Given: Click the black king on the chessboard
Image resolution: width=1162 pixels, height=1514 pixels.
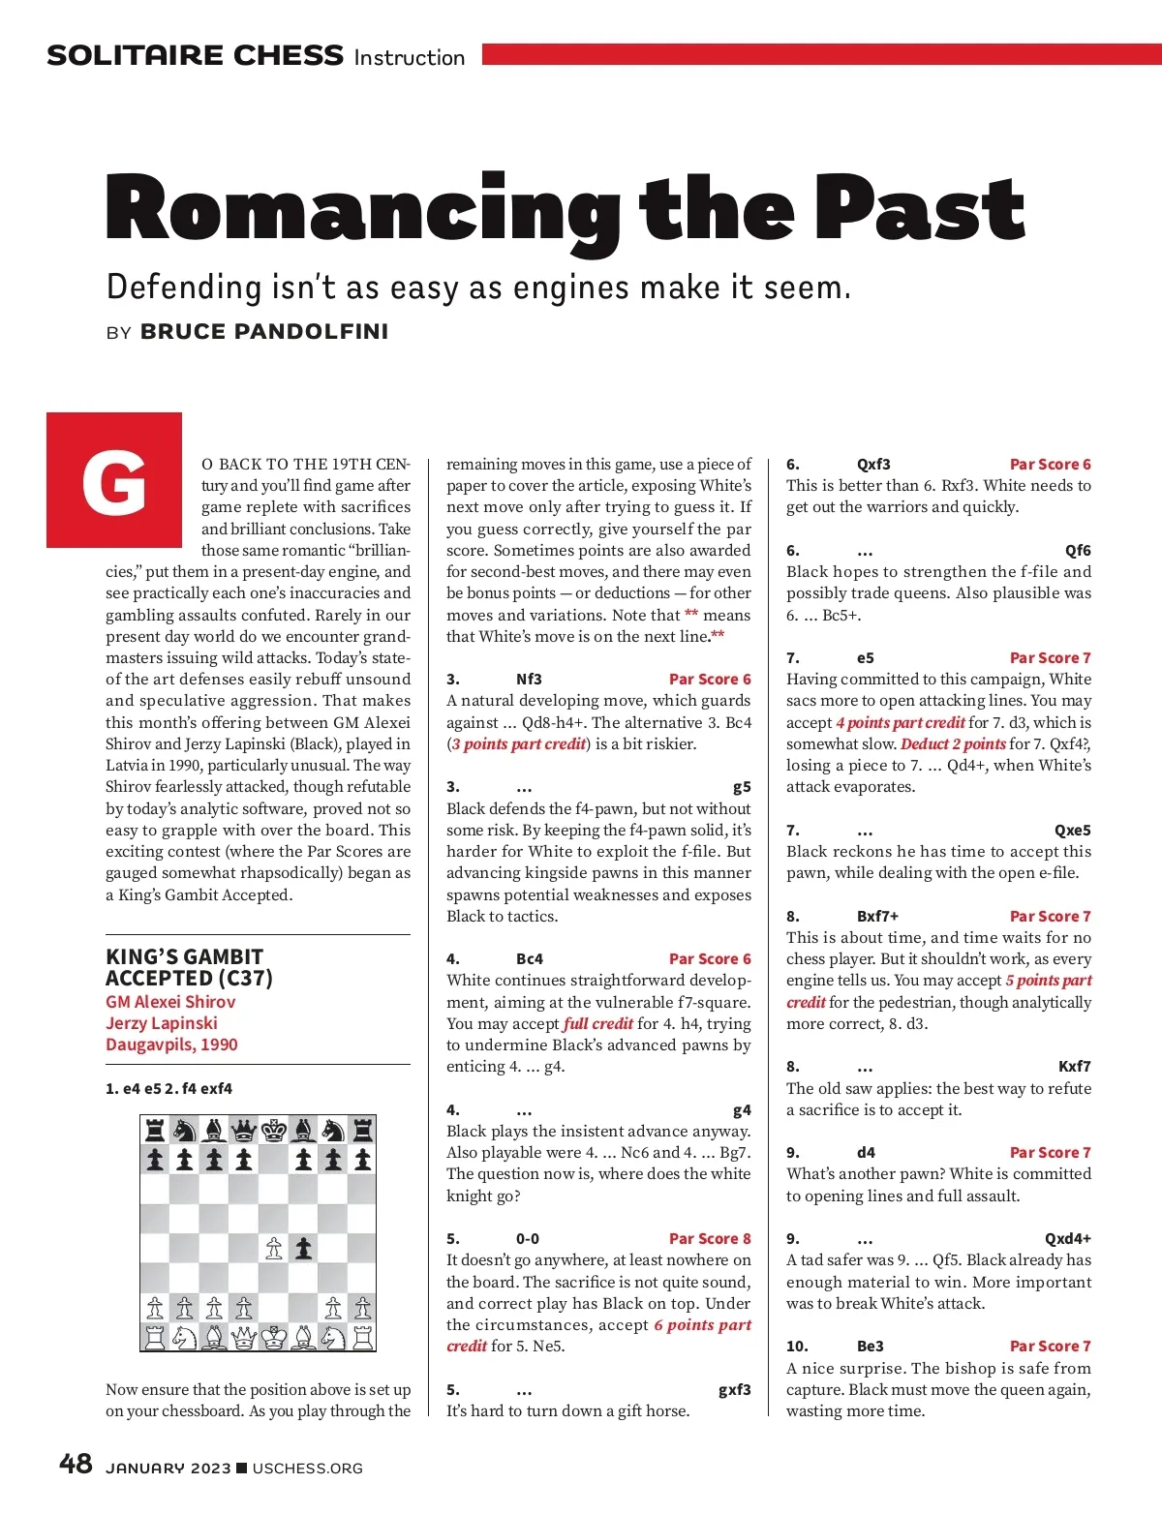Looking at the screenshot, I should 274,1130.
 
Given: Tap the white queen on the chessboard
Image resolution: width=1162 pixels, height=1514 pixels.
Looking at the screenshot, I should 244,1338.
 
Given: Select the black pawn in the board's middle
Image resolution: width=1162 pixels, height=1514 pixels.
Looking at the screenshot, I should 304,1249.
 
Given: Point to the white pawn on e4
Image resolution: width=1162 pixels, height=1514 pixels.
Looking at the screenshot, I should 274,1249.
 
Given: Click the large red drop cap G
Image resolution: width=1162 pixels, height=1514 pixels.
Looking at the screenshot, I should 114,481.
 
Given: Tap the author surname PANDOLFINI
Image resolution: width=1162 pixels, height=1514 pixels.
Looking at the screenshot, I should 264,332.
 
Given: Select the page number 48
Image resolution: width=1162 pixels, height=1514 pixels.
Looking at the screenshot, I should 76,1465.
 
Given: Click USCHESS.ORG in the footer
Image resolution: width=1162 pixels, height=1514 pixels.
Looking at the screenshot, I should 307,1469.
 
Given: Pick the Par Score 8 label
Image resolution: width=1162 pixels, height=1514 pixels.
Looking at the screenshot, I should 710,1239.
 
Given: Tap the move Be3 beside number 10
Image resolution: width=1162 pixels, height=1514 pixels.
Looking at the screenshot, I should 870,1347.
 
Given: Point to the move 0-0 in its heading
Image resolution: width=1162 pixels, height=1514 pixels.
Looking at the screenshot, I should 528,1239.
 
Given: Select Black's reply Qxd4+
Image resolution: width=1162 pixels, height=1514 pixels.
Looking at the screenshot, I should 1067,1239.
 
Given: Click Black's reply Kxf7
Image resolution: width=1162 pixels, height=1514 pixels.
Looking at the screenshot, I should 1074,1067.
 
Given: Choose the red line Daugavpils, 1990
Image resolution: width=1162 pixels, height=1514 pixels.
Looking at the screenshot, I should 171,1045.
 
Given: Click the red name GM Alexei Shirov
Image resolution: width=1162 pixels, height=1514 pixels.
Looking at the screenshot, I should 170,1002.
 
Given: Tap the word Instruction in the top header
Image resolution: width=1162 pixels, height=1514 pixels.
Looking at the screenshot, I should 410,58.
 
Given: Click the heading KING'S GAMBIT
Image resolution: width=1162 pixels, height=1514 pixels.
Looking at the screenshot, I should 184,956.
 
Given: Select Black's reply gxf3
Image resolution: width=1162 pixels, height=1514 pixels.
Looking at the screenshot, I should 734,1390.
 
